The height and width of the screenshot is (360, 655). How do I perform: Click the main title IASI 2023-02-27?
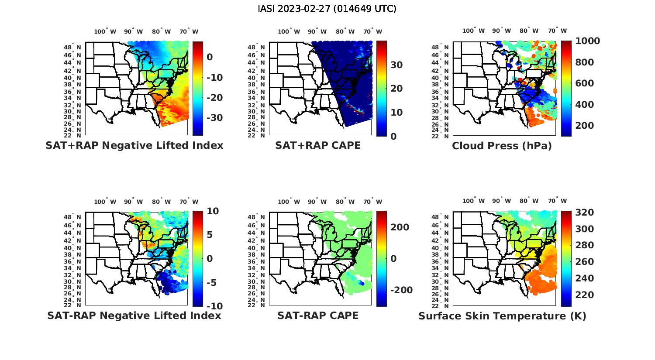point(327,9)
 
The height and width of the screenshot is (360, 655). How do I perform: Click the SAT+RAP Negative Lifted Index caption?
point(134,145)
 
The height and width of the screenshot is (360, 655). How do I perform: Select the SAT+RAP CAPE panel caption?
point(318,145)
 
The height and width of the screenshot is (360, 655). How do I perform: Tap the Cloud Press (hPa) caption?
point(502,146)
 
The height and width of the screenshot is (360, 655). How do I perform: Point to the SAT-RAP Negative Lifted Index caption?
point(134,315)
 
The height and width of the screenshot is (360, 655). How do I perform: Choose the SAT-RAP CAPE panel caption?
point(318,315)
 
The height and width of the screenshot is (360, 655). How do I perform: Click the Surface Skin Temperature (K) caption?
point(502,316)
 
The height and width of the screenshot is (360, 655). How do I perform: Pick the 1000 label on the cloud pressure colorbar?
point(587,41)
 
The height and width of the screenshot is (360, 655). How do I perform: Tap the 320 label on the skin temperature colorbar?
point(584,213)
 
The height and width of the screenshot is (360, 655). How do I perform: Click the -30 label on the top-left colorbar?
point(213,118)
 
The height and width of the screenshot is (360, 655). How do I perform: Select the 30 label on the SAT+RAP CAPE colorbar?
point(396,65)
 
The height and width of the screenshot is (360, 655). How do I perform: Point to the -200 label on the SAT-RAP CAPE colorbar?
point(400,290)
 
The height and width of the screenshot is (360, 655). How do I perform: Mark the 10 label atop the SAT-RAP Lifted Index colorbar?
point(212,211)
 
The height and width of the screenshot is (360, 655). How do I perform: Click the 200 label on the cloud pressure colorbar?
point(584,126)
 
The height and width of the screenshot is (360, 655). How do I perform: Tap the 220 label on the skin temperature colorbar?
point(584,295)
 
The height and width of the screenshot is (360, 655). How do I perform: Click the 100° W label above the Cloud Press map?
point(473,31)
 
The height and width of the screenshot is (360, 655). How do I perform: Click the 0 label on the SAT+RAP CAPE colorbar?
point(393,136)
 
